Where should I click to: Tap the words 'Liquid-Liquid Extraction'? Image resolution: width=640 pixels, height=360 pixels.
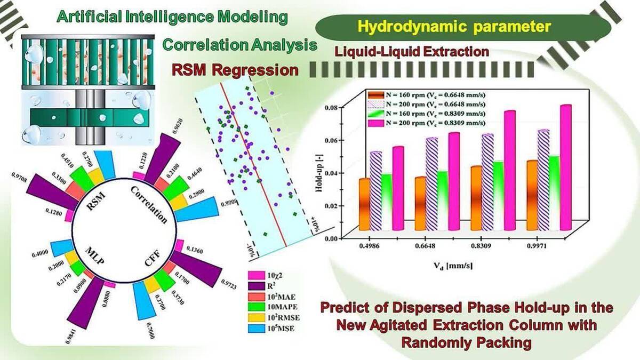pyautogui.click(x=412, y=52)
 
